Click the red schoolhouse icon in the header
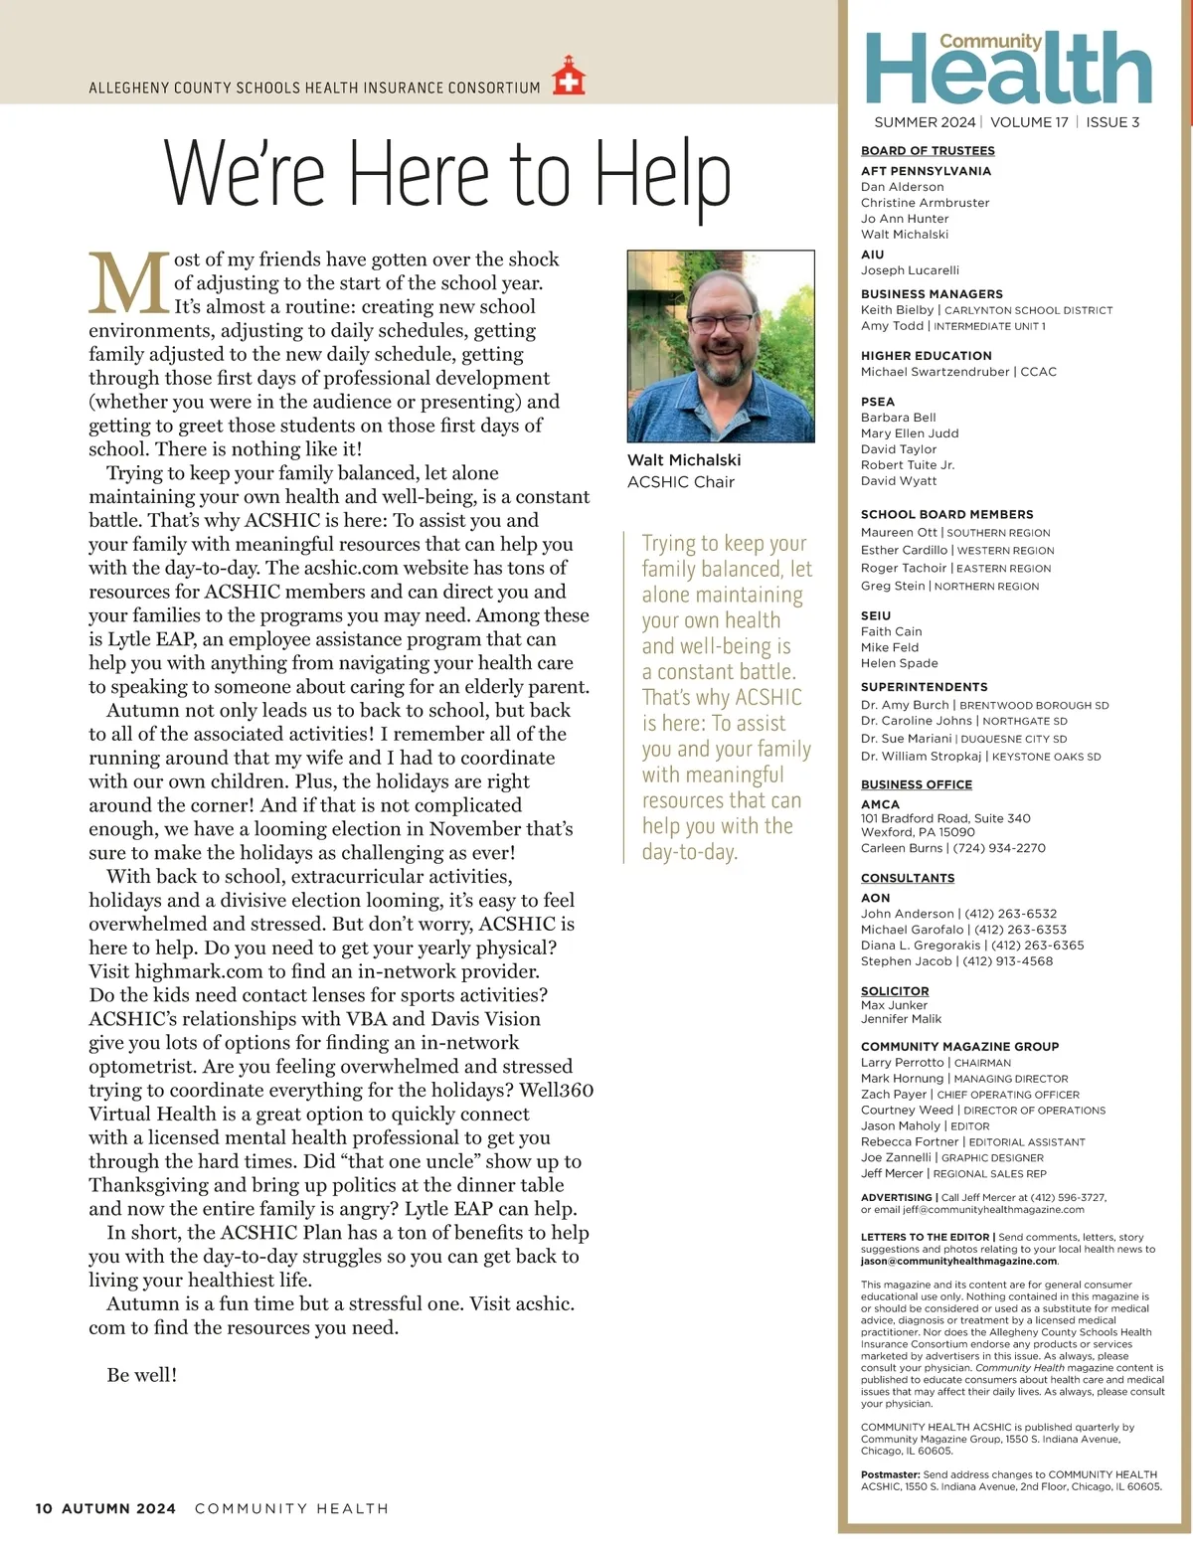point(569,76)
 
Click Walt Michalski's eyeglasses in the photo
point(721,323)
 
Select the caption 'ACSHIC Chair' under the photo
point(681,482)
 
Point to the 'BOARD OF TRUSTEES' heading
point(928,151)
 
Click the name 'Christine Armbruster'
point(926,203)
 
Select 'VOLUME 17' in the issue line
point(1029,122)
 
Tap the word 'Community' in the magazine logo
point(990,41)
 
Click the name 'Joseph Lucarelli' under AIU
point(910,270)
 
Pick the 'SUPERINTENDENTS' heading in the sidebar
point(925,687)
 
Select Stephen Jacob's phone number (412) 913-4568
point(1007,961)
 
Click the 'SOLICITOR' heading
point(895,991)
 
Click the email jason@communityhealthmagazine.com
point(958,1261)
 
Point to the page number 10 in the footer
point(44,1508)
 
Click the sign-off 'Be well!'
point(142,1375)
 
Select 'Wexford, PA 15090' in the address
point(918,832)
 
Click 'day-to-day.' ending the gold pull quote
point(690,852)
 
